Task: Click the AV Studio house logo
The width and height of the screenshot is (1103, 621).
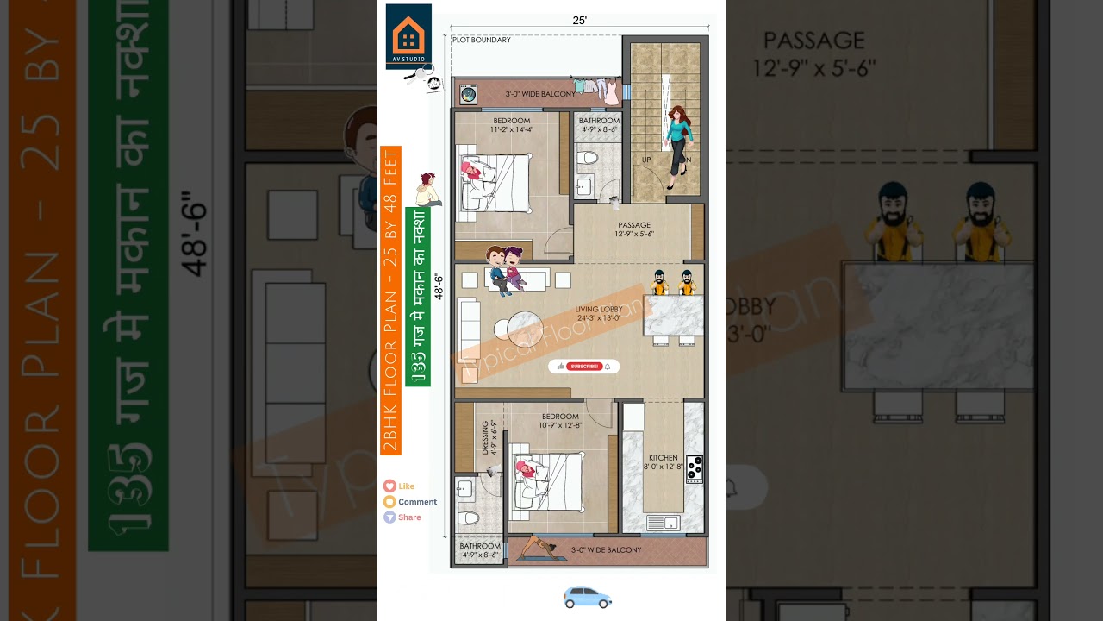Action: point(408,35)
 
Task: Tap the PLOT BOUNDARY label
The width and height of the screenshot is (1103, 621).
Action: point(482,40)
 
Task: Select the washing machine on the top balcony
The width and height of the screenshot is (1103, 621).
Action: point(468,94)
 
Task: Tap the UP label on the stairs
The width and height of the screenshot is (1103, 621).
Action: point(646,160)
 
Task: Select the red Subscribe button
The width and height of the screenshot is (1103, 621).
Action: point(583,367)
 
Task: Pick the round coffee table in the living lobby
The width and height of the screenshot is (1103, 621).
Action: point(524,329)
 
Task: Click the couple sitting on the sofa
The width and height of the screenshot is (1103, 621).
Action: point(504,268)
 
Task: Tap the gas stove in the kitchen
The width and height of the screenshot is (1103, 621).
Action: point(695,468)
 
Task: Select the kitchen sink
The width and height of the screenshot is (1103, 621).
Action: point(663,523)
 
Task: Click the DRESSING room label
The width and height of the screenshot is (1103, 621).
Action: point(485,437)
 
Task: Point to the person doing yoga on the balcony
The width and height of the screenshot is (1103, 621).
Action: point(534,549)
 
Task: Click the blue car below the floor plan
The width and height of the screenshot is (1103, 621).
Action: point(588,597)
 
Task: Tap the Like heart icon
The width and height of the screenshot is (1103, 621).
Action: point(390,486)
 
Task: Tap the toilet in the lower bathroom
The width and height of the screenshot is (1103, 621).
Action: point(468,517)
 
